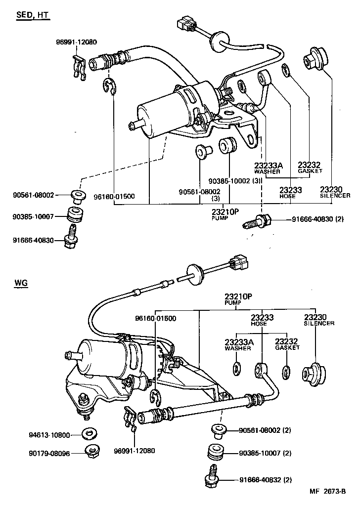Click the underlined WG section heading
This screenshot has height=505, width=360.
(21, 283)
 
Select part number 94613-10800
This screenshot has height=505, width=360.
(48, 435)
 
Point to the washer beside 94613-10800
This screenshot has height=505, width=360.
(90, 434)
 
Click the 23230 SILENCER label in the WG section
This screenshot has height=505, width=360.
(318, 319)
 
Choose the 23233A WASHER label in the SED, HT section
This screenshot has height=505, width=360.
(268, 168)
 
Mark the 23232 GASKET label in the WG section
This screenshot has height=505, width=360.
(287, 344)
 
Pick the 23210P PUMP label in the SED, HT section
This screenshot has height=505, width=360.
(225, 213)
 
